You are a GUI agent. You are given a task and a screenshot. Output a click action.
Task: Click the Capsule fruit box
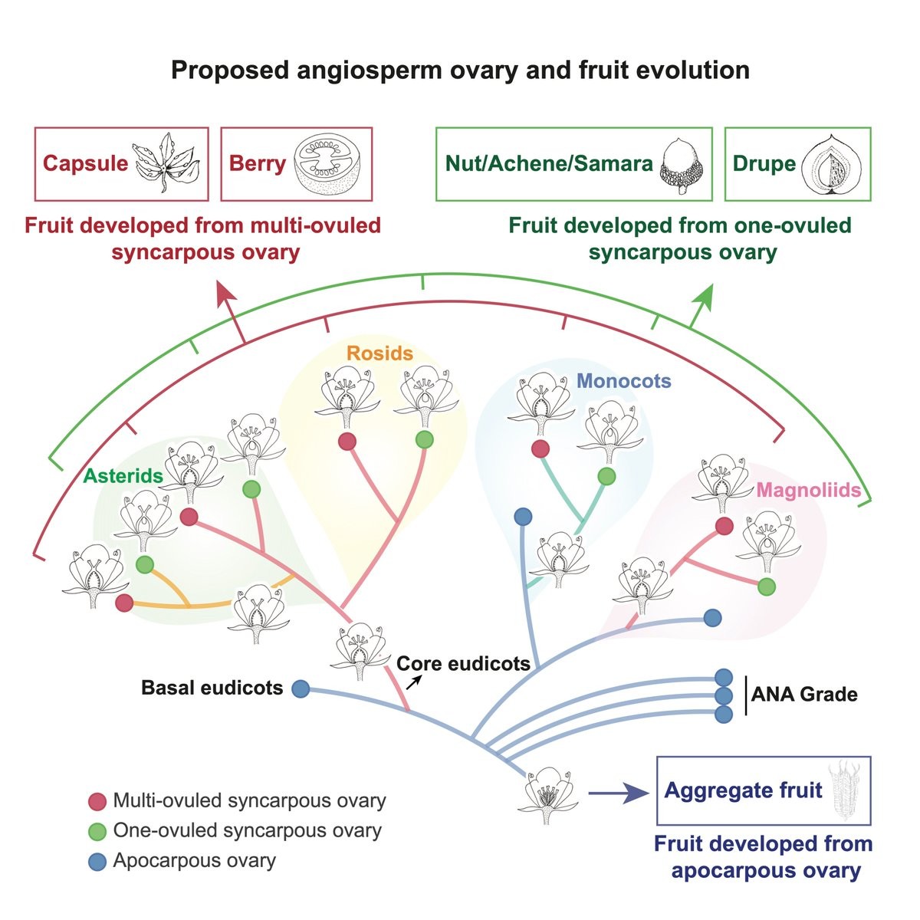[x=122, y=163]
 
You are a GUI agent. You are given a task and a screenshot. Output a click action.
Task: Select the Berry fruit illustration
[x=329, y=163]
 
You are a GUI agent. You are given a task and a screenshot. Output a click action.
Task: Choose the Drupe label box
[x=797, y=164]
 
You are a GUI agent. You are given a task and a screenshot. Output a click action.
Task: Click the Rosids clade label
[x=379, y=353]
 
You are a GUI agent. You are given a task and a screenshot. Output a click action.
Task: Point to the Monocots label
[x=623, y=381]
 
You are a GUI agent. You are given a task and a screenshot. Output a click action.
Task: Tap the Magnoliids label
[x=808, y=490]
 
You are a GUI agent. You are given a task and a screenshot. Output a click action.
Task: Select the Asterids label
[x=123, y=476]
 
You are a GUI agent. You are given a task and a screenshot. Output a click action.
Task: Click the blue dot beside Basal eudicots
[x=301, y=688]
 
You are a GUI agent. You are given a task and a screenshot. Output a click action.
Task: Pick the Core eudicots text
[x=463, y=663]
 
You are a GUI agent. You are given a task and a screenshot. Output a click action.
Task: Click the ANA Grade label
[x=804, y=695]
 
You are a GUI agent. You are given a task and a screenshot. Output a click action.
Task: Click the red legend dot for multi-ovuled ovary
[x=97, y=802]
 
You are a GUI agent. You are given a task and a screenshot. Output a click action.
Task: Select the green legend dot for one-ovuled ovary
[x=97, y=831]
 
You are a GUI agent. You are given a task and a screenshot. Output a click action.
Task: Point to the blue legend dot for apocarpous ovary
[x=97, y=861]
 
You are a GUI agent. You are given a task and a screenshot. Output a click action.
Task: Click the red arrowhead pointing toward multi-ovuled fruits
[x=225, y=294]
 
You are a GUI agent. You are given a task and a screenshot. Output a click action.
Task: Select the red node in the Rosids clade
[x=347, y=441]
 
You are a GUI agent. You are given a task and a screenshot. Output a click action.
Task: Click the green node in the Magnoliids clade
[x=765, y=586]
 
